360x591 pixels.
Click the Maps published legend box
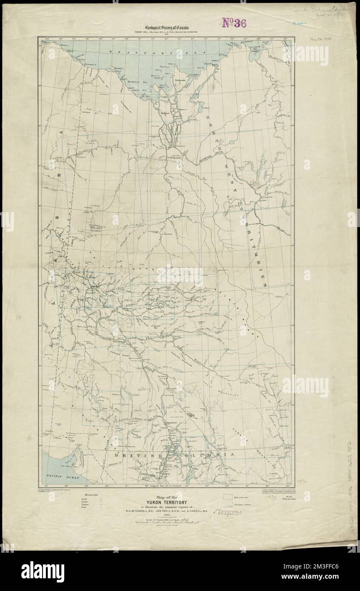226,496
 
